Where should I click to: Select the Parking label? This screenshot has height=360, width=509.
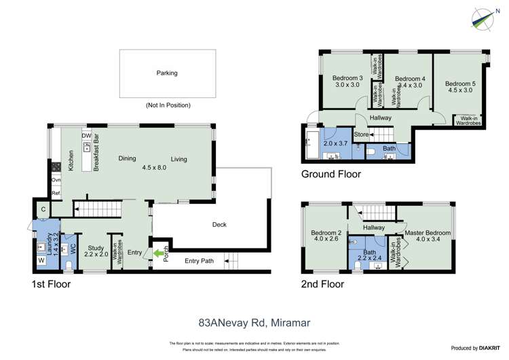166,73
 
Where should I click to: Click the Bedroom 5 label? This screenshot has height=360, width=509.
460,84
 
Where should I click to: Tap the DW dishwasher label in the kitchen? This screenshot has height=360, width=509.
86,136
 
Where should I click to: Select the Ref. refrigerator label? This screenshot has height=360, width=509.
56,192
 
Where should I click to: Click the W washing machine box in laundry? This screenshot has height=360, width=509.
41,260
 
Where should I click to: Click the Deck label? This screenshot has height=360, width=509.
219,225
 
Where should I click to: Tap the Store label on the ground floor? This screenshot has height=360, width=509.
362,134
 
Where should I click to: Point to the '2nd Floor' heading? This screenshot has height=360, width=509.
324,285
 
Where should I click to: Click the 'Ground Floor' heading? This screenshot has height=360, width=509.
331,174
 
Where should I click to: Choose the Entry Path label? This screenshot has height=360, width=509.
199,261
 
